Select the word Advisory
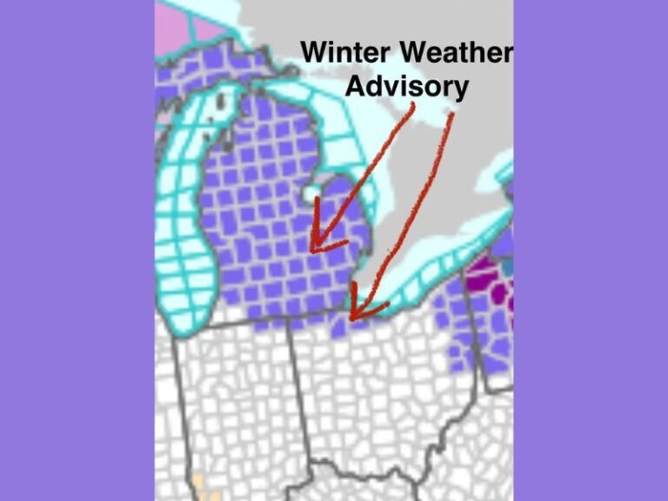click(407, 86)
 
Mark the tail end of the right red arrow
click(452, 115)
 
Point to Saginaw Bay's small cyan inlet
click(309, 191)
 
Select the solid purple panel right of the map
click(591, 250)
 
